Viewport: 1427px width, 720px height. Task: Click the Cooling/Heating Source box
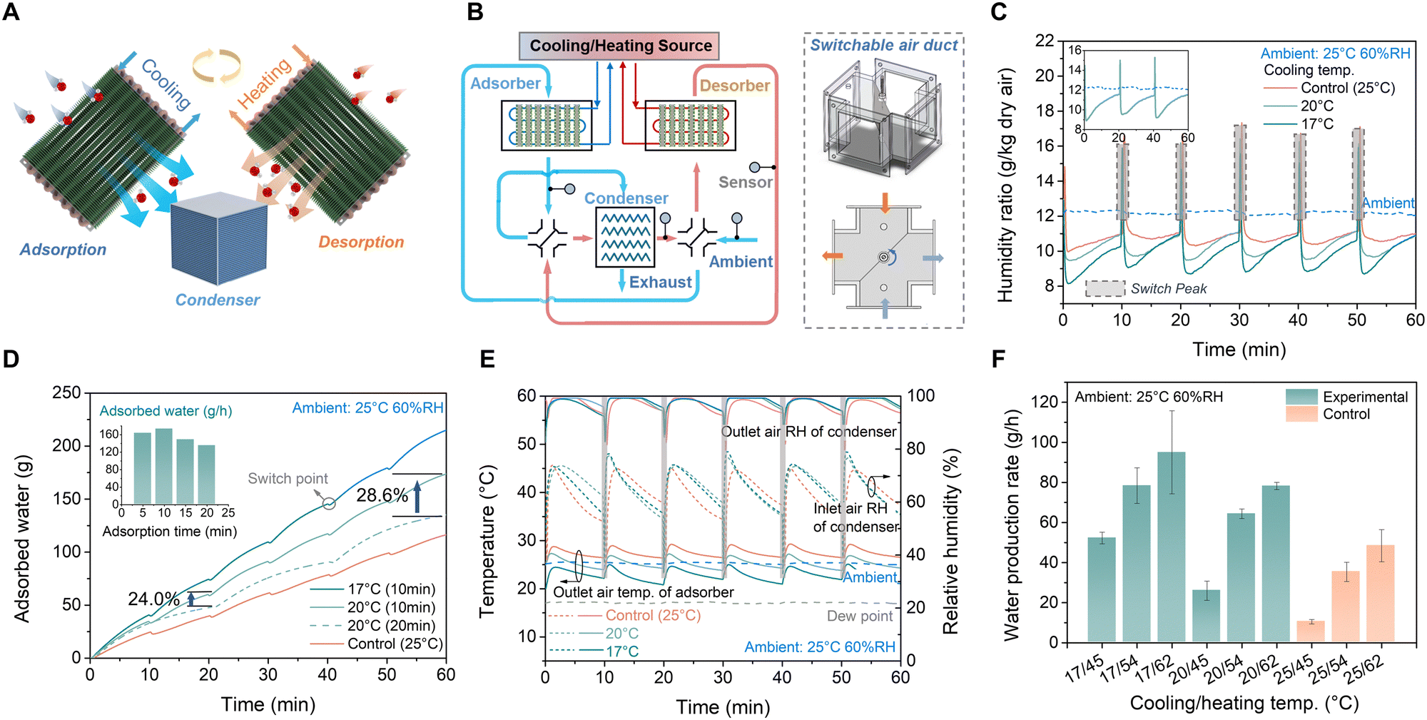pyautogui.click(x=619, y=46)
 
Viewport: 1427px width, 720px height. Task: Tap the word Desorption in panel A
pyautogui.click(x=361, y=242)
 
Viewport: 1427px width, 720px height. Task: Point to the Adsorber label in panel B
pyautogui.click(x=505, y=83)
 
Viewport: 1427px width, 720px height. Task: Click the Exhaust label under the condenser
pyautogui.click(x=660, y=283)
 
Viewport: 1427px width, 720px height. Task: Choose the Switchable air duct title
pyautogui.click(x=883, y=45)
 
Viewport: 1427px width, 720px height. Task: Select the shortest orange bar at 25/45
pyautogui.click(x=1310, y=632)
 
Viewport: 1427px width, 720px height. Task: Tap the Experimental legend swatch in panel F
pyautogui.click(x=1301, y=397)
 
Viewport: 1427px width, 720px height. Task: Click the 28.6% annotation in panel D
pyautogui.click(x=382, y=495)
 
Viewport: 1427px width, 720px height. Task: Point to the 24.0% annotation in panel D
pyautogui.click(x=153, y=599)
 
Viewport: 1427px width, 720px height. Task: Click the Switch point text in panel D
pyautogui.click(x=288, y=478)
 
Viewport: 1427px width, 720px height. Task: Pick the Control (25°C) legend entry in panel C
pyautogui.click(x=1347, y=88)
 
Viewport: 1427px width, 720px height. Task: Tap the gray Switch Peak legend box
pyautogui.click(x=1104, y=288)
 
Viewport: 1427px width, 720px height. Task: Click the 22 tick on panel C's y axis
pyautogui.click(x=1045, y=41)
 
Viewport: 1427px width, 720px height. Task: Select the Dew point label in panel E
pyautogui.click(x=859, y=616)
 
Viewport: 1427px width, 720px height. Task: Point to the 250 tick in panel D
pyautogui.click(x=66, y=392)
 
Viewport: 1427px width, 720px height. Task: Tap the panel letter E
pyautogui.click(x=487, y=358)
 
